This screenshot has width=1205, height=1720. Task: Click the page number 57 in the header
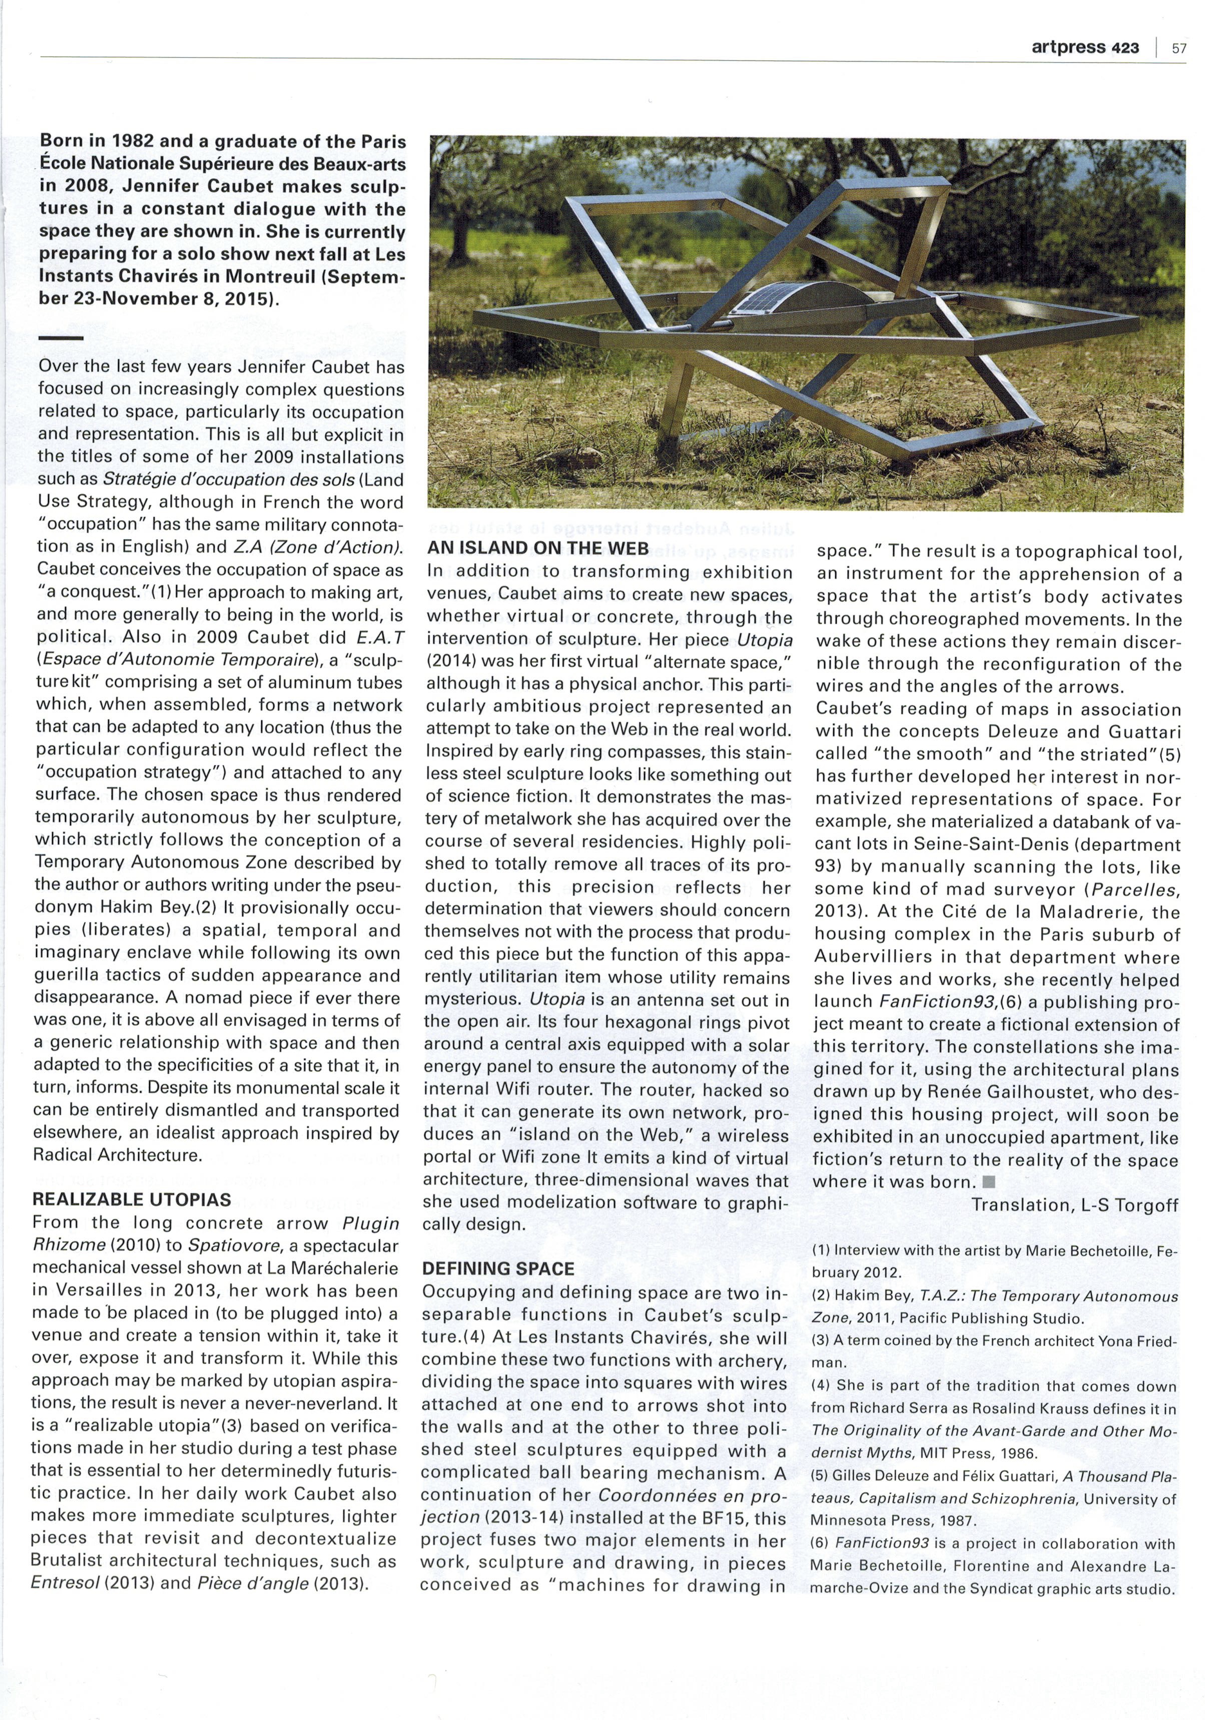pos(1179,49)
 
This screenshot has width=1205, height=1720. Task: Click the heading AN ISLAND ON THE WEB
pos(538,548)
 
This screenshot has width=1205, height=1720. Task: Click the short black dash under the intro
pos(60,338)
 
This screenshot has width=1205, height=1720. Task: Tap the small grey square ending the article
pos(988,1182)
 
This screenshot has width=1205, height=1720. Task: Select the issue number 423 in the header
pos(1125,48)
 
